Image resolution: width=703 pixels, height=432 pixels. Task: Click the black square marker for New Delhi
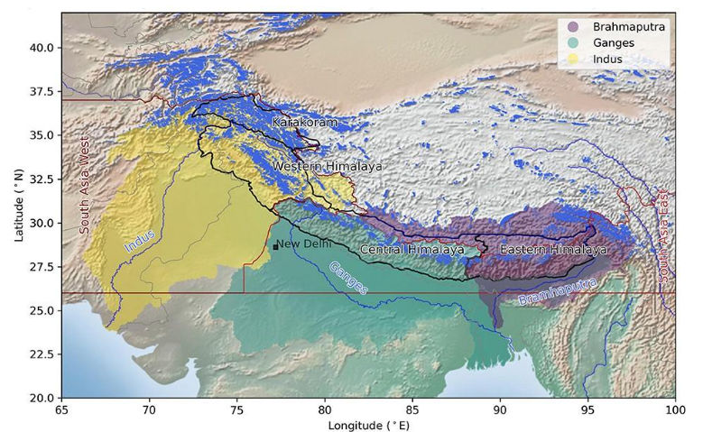click(275, 246)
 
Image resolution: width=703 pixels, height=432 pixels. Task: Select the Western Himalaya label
click(327, 167)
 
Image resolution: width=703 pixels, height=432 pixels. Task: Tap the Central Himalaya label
click(412, 249)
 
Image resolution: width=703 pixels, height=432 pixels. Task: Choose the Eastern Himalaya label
click(553, 249)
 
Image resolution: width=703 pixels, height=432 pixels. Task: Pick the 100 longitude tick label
click(673, 408)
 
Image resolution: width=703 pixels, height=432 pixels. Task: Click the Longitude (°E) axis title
click(367, 423)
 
